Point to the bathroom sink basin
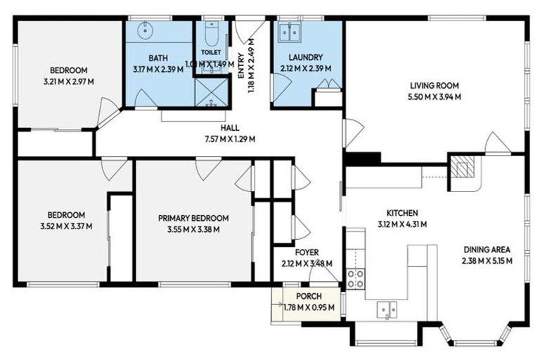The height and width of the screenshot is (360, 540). click(x=145, y=31)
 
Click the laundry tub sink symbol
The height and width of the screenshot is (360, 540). click(x=290, y=32)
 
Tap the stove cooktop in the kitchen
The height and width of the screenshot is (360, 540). click(x=355, y=279)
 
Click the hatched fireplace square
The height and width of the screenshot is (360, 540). click(x=461, y=167)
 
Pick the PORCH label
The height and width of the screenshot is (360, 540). click(x=309, y=296)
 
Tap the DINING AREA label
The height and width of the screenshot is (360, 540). click(x=487, y=250)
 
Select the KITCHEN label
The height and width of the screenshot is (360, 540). click(x=402, y=213)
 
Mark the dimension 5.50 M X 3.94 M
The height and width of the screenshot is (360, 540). click(x=436, y=97)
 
